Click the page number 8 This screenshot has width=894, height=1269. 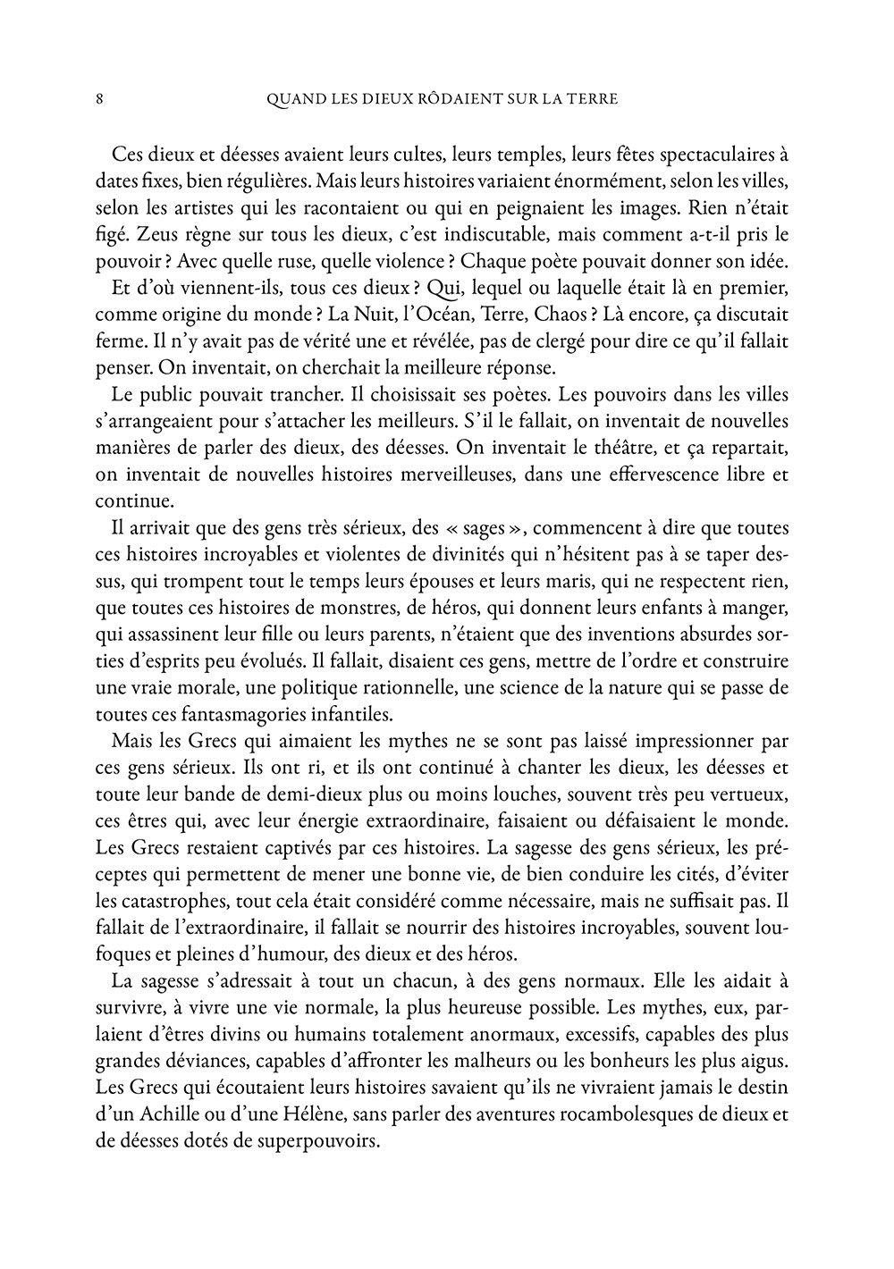click(x=99, y=99)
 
